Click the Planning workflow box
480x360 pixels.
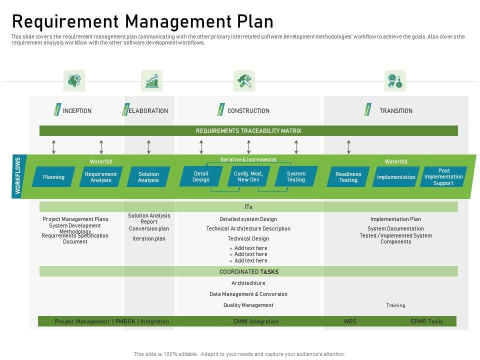click(x=53, y=177)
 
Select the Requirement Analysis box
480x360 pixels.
click(x=101, y=177)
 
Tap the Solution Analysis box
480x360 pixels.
click(x=148, y=177)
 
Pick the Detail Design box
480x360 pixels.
click(x=201, y=176)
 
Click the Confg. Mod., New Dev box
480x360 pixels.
click(x=248, y=176)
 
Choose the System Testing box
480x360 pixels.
click(x=296, y=176)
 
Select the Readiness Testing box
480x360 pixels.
click(x=348, y=177)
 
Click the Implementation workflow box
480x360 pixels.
click(x=396, y=177)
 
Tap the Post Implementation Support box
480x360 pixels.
click(x=443, y=177)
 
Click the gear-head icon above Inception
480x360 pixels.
click(x=74, y=80)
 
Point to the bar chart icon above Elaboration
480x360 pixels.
click(x=152, y=80)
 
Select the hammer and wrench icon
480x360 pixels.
click(x=244, y=80)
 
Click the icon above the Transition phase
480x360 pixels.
click(x=395, y=80)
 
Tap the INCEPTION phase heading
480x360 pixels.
click(x=77, y=111)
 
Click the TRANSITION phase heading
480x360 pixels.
click(x=395, y=111)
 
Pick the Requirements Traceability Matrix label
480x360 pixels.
click(x=248, y=131)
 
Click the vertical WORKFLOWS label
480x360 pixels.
click(x=18, y=176)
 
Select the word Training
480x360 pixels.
click(x=395, y=305)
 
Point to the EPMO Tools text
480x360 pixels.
click(x=426, y=321)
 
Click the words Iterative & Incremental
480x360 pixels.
click(x=248, y=160)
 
